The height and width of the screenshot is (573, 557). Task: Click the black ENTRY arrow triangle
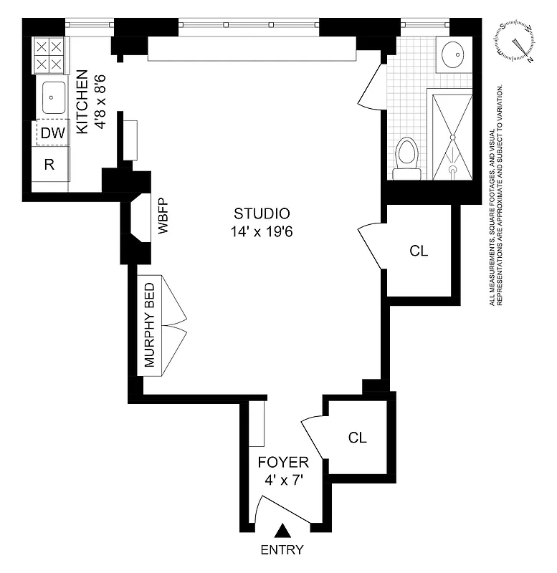284,531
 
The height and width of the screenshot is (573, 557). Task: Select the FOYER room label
283,462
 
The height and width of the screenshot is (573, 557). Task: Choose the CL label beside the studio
419,251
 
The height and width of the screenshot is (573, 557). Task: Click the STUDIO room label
262,213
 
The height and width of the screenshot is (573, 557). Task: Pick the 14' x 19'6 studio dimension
262,232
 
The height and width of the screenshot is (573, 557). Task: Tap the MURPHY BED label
150,325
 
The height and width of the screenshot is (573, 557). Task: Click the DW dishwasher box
52,133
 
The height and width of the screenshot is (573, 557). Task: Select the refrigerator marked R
50,165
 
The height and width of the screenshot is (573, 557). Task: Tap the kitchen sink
53,97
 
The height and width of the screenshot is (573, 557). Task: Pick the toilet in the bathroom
406,157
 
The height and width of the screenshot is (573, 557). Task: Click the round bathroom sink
453,54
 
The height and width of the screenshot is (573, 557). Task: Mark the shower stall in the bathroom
452,134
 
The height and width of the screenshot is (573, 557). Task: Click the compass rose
516,42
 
